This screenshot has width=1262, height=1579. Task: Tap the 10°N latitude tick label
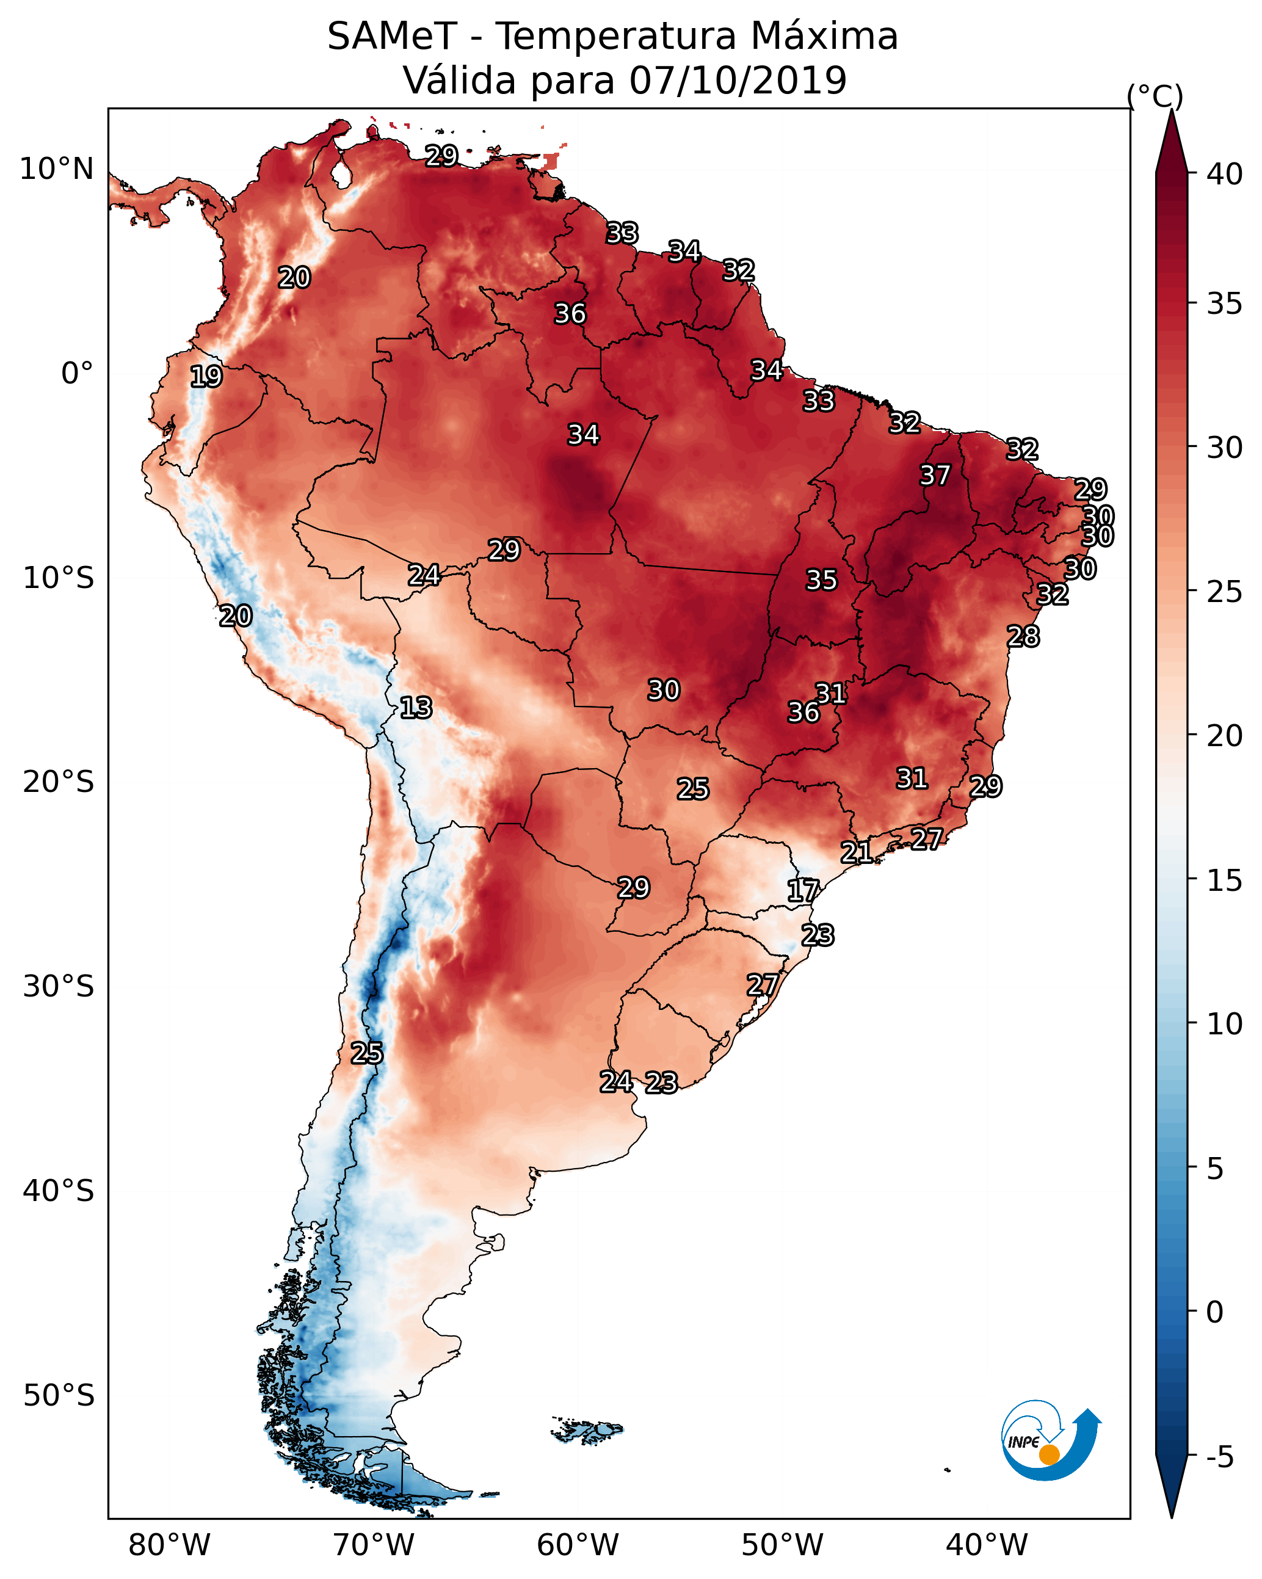[56, 169]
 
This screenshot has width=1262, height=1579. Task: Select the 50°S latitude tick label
[59, 1396]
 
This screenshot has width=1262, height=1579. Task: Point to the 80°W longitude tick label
[169, 1545]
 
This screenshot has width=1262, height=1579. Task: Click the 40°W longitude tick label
[987, 1545]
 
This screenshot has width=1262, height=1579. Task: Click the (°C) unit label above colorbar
[1155, 96]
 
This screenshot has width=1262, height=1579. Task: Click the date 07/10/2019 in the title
[738, 80]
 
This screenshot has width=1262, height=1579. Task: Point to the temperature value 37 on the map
[935, 475]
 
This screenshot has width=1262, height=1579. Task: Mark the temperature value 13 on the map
[416, 708]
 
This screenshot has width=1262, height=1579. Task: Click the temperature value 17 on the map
[803, 891]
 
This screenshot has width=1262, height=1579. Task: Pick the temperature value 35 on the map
[821, 580]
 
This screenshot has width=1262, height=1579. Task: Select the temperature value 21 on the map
[856, 852]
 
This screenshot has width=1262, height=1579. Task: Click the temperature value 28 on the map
[1023, 636]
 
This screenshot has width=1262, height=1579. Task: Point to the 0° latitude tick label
[77, 374]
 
